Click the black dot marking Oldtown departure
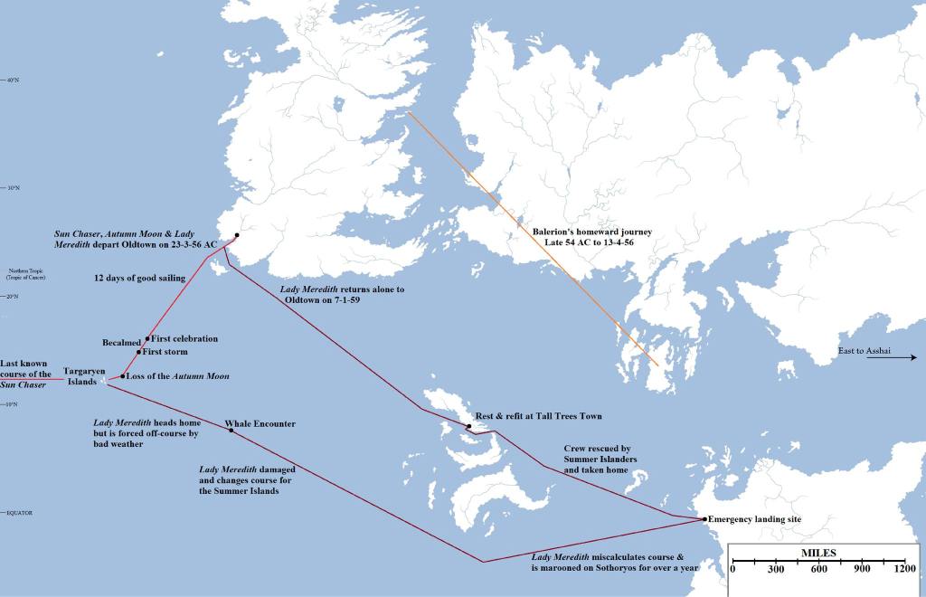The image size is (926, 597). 236,234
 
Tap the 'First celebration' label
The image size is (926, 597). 184,338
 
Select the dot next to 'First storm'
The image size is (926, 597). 138,352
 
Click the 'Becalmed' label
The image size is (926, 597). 121,343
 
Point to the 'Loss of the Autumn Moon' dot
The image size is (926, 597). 122,376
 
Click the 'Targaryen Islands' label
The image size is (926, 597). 84,376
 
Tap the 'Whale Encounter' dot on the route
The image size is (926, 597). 231,431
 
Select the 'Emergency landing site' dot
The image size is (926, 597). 704,519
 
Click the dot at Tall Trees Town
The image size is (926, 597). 468,426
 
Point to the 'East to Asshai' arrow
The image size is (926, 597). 892,358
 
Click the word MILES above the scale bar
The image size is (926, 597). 817,553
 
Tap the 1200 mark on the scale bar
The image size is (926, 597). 905,569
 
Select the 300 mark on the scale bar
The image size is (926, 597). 775,569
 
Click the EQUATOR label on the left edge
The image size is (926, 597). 19,513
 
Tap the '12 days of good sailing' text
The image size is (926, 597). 139,279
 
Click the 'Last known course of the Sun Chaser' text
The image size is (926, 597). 25,373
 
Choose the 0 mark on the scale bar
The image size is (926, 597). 732,569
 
